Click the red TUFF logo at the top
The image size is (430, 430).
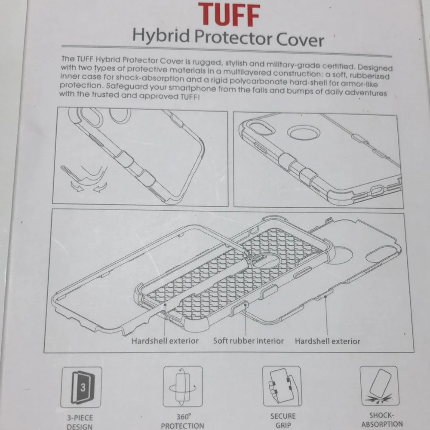pos(229,15)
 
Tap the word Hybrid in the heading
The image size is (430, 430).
pos(161,36)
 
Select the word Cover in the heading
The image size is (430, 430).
pos(300,40)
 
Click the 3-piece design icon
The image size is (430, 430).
pos(81,387)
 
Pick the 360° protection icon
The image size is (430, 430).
pos(183,386)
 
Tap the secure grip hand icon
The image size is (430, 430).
pos(282,386)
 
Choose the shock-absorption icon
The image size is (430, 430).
pos(380,386)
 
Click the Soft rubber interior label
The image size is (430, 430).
pos(248,341)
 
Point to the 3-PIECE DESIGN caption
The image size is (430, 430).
pos(80,422)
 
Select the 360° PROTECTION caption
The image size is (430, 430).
pos(183,421)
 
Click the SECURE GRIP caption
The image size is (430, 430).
pos(283,421)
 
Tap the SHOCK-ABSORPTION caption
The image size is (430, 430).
pos(382,420)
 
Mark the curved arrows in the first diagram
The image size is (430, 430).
pos(89,187)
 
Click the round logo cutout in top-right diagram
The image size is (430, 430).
pos(304,132)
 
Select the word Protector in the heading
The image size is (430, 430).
pos(233,37)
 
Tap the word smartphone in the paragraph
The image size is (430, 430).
pos(192,88)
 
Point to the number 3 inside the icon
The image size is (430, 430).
pos(83,387)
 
